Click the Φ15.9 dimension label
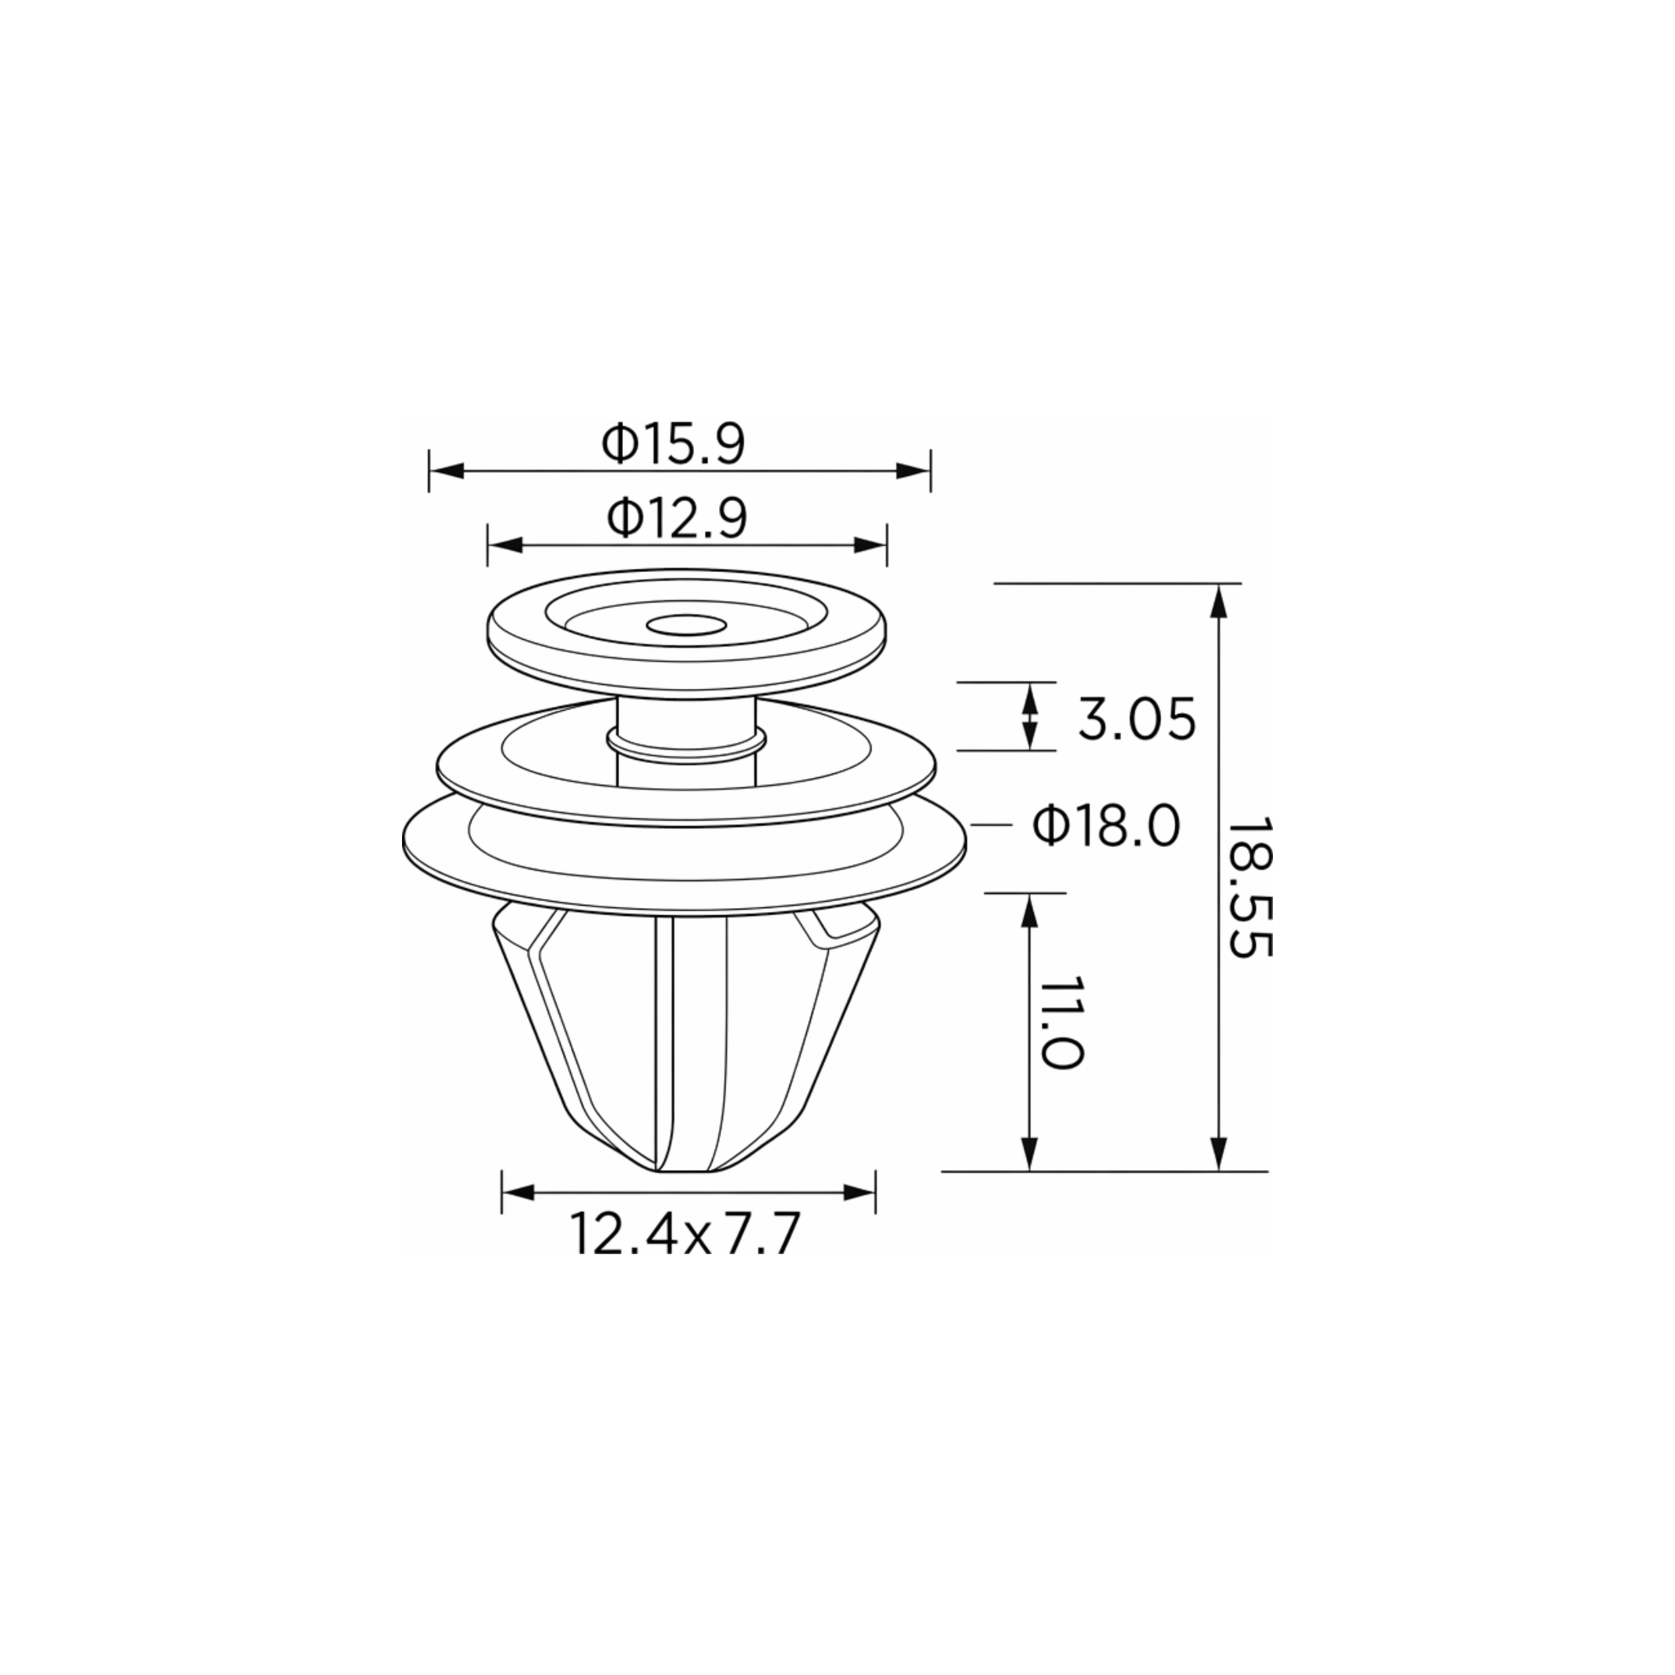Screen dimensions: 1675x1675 tap(673, 444)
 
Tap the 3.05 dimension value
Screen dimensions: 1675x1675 tap(1136, 719)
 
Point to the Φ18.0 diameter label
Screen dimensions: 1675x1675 tap(1106, 825)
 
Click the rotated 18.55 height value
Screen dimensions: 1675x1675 tap(1250, 886)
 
